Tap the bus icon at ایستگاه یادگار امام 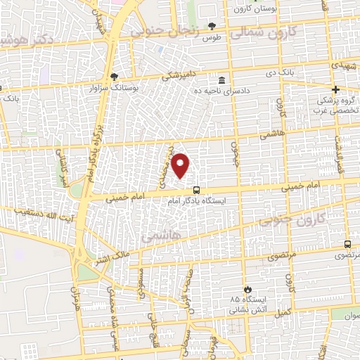tap(196, 189)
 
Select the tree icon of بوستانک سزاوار tap(115, 77)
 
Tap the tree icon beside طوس tap(212, 26)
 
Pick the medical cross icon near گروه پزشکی tap(336, 89)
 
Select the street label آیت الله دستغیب tap(29, 210)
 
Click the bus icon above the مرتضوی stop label tap(347, 244)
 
